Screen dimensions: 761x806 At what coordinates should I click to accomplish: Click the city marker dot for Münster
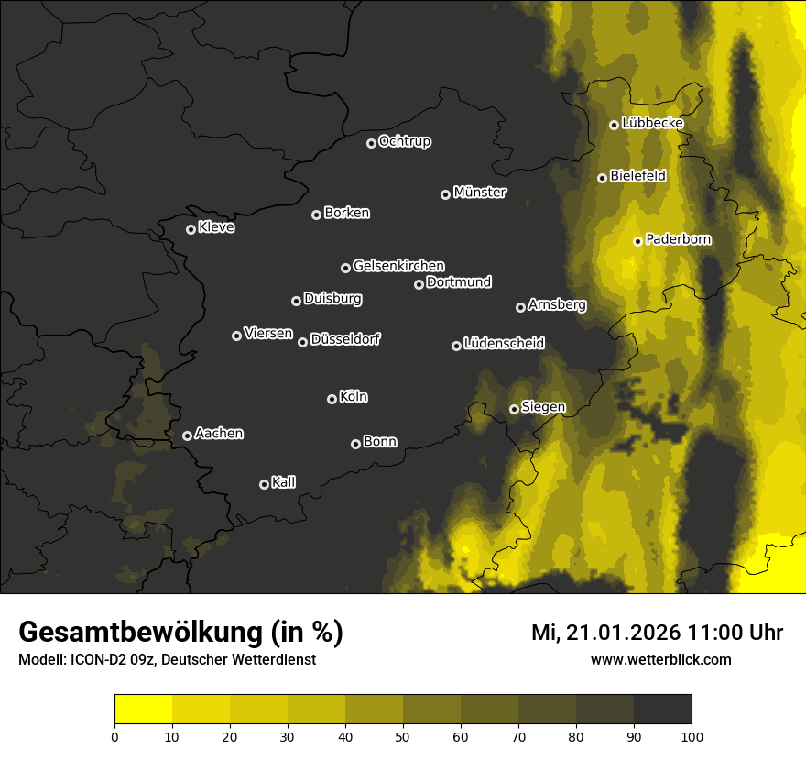446,194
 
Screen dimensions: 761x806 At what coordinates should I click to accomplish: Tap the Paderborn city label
678,240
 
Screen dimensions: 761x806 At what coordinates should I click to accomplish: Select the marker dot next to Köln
332,399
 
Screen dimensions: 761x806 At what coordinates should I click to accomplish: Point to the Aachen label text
219,434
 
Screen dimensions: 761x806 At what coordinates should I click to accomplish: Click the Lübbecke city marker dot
614,125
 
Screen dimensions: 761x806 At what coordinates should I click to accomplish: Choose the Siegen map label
543,407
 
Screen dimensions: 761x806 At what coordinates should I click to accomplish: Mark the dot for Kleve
191,229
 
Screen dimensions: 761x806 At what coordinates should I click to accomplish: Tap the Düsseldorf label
345,339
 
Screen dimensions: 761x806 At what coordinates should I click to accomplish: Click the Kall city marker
264,484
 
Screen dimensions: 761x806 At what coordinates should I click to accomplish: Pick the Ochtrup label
404,141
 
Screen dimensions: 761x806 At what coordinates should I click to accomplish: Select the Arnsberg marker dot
520,307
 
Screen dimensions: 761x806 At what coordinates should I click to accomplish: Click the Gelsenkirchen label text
398,266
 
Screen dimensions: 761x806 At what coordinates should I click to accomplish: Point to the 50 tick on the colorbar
403,735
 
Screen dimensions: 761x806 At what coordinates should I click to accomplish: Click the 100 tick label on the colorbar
692,735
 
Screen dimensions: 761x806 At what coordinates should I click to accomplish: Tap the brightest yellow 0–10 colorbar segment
144,710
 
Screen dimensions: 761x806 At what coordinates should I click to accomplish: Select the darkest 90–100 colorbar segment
662,710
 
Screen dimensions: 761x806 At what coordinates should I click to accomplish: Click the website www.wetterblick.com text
660,659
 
